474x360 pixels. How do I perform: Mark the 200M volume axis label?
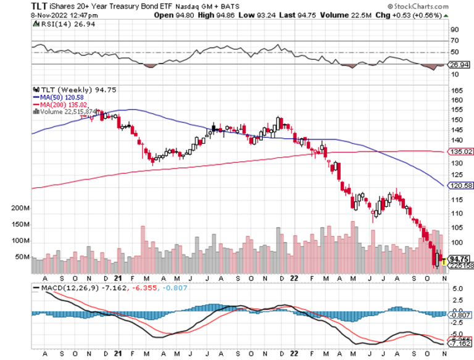(x=20, y=209)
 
